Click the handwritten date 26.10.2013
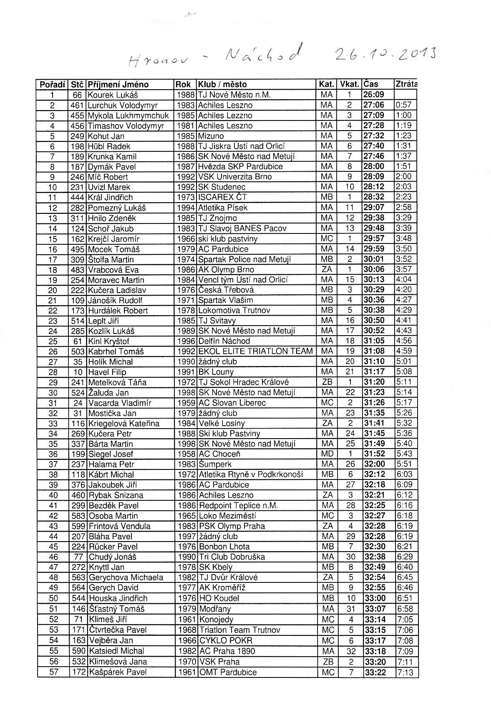(x=386, y=54)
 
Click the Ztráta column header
(x=406, y=84)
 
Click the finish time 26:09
(x=374, y=95)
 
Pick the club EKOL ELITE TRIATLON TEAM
(x=256, y=351)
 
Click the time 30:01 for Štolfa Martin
(x=374, y=259)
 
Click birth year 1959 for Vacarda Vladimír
(x=186, y=403)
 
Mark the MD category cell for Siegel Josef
(x=328, y=454)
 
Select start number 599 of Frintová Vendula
(x=78, y=526)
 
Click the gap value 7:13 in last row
(x=405, y=672)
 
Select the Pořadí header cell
(x=53, y=84)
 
